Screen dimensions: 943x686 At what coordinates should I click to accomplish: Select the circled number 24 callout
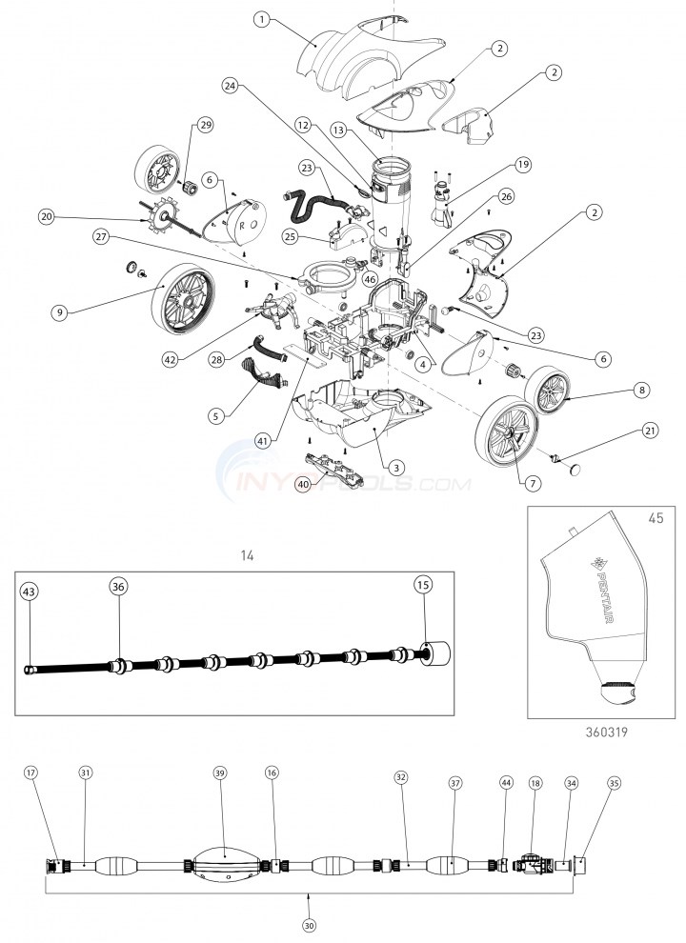click(229, 85)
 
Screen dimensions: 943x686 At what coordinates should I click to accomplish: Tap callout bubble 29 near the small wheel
click(204, 127)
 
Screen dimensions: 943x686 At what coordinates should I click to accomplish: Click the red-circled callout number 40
click(302, 484)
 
